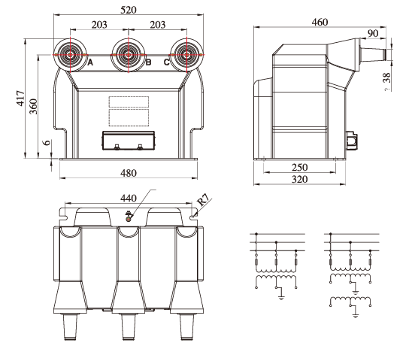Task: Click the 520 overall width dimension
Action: [x=128, y=10]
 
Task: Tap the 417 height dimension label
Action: [x=21, y=99]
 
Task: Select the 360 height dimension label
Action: [x=33, y=106]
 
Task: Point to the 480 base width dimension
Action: [x=128, y=173]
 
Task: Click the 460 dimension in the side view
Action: [x=320, y=22]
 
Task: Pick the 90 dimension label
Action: [x=373, y=33]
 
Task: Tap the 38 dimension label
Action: [x=387, y=77]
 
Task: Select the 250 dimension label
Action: [x=299, y=168]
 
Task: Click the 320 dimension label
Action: [x=299, y=179]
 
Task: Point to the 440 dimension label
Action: [x=128, y=199]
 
